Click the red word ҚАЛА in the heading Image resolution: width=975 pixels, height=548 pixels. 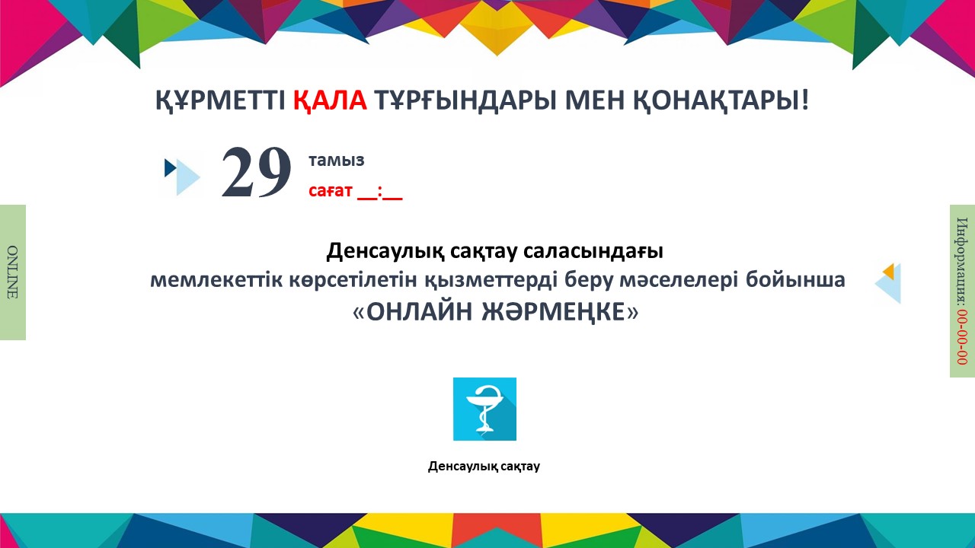(330, 101)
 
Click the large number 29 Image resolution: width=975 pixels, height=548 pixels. (256, 172)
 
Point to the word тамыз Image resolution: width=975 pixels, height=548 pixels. (337, 161)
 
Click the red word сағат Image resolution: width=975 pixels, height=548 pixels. (331, 190)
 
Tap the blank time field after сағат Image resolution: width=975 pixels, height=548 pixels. (380, 192)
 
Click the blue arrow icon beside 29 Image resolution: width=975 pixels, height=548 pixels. (182, 176)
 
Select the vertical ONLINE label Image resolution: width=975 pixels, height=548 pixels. (13, 272)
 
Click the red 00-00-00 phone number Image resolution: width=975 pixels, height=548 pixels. (961, 337)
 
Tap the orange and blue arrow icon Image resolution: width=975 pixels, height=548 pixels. (888, 283)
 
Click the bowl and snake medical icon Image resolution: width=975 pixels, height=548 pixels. (485, 409)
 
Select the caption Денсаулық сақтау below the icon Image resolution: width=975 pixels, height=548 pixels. (484, 467)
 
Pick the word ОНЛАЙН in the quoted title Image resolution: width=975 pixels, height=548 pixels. (419, 312)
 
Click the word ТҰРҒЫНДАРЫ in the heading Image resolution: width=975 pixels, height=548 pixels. (465, 101)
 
